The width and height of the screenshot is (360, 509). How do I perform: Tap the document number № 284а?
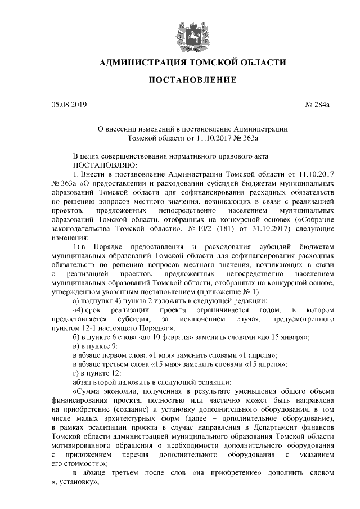[317, 104]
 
